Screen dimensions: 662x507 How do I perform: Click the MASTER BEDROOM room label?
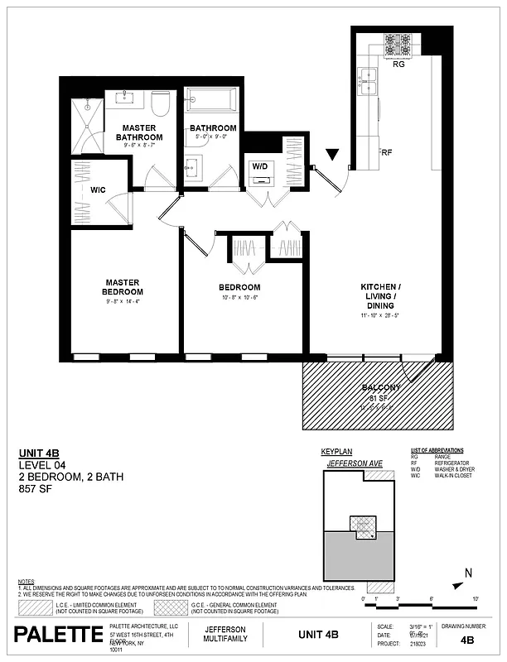(123, 286)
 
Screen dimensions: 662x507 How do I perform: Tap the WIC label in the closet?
(98, 190)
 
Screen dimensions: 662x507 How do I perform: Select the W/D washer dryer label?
(260, 166)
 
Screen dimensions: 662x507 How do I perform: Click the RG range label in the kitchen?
(398, 64)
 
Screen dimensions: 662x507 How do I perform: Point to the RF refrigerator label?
(386, 152)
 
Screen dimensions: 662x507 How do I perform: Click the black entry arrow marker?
(333, 155)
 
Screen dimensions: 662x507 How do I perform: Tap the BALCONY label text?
(381, 388)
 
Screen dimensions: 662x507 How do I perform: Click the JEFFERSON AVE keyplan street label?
(354, 463)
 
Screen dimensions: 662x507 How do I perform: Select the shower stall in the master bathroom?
(88, 125)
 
